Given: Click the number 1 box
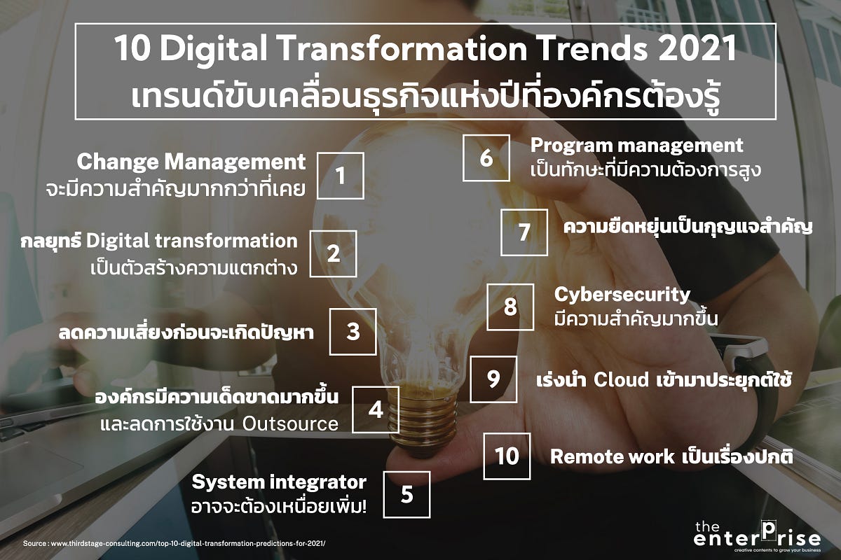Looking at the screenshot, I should pyautogui.click(x=341, y=176).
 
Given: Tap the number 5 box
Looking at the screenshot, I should pyautogui.click(x=406, y=494).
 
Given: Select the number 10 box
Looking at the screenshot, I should pyautogui.click(x=507, y=456).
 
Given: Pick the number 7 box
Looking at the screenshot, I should pyautogui.click(x=524, y=232).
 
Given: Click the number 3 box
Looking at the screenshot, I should pyautogui.click(x=353, y=331).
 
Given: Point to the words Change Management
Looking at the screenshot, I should pyautogui.click(x=191, y=162).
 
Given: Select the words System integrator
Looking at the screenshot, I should pyautogui.click(x=279, y=482).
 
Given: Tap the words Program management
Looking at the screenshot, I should pyautogui.click(x=636, y=146).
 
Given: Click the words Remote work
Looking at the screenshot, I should pyautogui.click(x=612, y=457).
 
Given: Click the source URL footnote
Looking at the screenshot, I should pyautogui.click(x=175, y=544).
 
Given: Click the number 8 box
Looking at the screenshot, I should pyautogui.click(x=510, y=307).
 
